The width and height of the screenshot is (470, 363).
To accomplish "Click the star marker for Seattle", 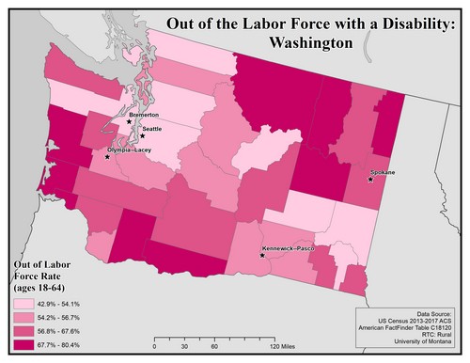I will click(x=143, y=136).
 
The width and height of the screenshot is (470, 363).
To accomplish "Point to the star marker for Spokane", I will click(x=370, y=179).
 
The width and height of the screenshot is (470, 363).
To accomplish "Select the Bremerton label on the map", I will click(x=143, y=115).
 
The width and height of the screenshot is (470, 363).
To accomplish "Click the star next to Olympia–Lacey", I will click(x=107, y=157).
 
